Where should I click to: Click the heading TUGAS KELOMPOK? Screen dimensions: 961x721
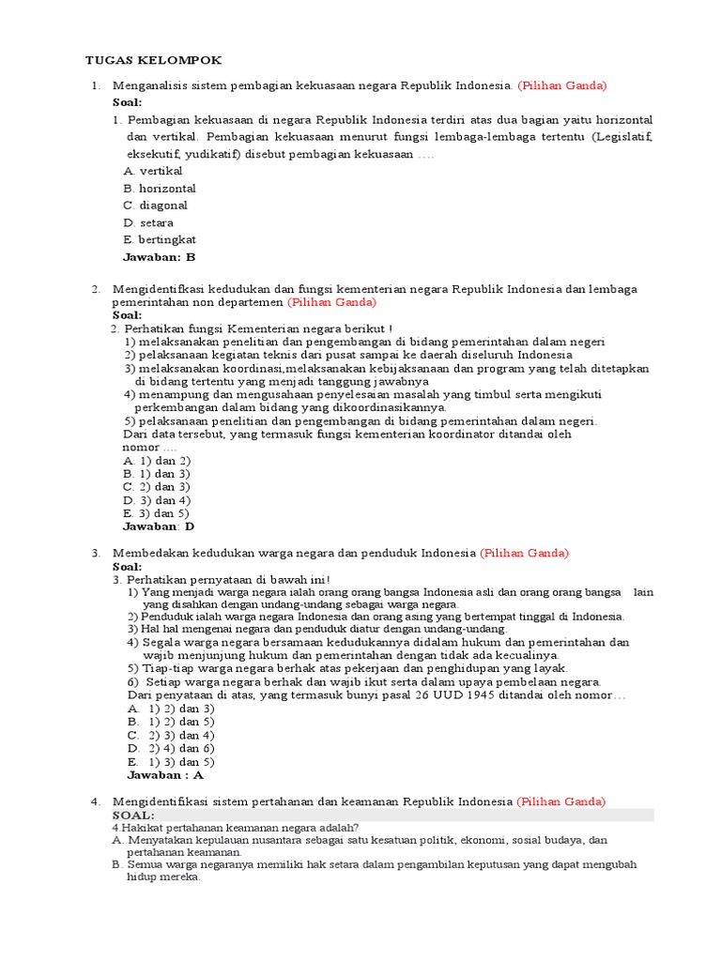coord(154,60)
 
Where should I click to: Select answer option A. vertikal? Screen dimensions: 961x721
coord(153,171)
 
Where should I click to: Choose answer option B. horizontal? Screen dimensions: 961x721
coord(160,188)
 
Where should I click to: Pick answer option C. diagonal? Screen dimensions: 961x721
coord(156,205)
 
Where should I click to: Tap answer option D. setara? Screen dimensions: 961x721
coord(148,222)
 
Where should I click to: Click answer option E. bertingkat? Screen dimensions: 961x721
coord(160,239)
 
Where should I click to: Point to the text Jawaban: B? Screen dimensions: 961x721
coord(160,256)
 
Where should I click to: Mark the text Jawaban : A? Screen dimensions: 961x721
coord(165,775)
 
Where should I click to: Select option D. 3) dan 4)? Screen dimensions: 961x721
coord(157,500)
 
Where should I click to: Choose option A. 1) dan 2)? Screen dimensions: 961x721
coord(157,461)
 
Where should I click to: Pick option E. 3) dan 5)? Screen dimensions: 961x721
coord(157,513)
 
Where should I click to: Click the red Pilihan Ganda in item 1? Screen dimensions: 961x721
coord(562,85)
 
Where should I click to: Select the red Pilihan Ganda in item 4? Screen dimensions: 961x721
coord(561,801)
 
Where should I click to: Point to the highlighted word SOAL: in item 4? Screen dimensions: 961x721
coord(133,815)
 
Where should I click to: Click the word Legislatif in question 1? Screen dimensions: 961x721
coord(620,137)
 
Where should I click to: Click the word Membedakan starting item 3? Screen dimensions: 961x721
coord(150,553)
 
